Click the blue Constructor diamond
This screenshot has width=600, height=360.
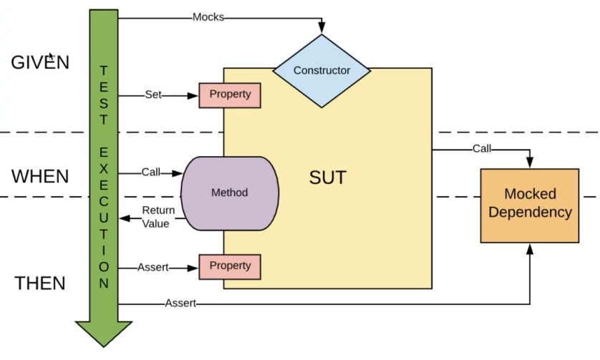pos(321,70)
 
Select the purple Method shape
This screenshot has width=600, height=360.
pos(229,193)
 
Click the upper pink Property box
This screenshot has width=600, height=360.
pos(230,95)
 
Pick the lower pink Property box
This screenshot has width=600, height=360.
pos(230,266)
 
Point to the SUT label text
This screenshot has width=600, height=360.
pos(327,177)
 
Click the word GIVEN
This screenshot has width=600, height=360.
pos(40,62)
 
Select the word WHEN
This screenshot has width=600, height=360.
pos(40,176)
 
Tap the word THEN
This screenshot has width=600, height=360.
pos(40,283)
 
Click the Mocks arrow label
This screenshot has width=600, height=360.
pos(208,16)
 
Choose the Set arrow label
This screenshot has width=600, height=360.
pos(153,94)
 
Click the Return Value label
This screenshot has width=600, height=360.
pos(155,217)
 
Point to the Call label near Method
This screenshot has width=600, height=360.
pos(151,172)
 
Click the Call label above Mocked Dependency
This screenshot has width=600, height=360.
pos(482,149)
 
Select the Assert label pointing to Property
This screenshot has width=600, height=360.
pos(153,267)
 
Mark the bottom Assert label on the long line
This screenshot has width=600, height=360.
pos(180,303)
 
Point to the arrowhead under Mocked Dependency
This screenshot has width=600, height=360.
pos(530,248)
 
